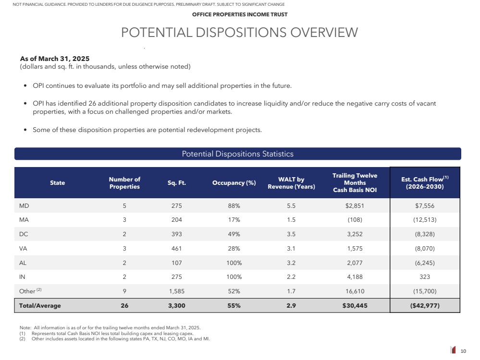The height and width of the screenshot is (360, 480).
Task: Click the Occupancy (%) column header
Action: click(234, 182)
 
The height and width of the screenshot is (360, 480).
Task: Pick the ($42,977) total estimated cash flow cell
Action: click(425, 305)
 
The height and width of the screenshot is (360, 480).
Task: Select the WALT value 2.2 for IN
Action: click(291, 277)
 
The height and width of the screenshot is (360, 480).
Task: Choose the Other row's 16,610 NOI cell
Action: click(355, 291)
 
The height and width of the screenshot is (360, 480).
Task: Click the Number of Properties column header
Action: click(124, 182)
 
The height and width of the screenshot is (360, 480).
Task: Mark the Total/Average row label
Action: click(40, 305)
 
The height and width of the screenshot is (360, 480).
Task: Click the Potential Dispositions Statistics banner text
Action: click(237, 154)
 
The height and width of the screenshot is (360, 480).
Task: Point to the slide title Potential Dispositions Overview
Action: click(239, 33)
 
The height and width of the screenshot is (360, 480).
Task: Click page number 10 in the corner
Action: click(463, 351)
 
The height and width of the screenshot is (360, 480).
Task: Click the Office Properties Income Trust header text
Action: click(240, 14)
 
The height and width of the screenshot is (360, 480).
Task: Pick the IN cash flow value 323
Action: click(425, 277)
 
